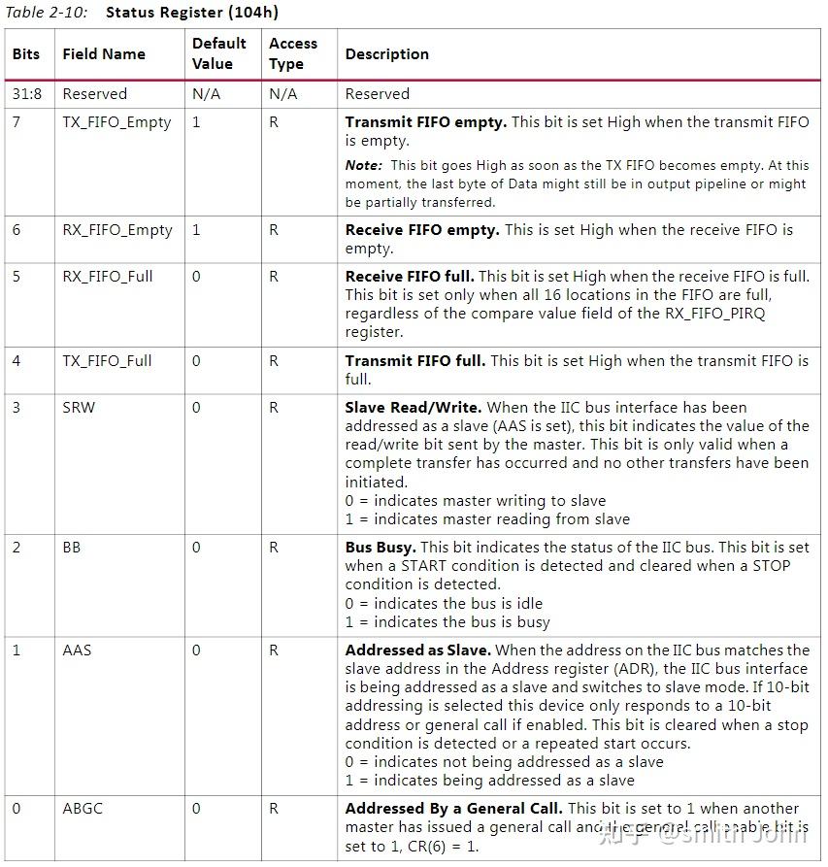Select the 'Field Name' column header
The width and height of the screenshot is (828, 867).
103,54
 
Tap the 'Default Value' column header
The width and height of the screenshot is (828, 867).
218,54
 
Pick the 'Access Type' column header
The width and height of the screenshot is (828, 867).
293,54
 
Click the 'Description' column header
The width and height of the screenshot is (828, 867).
386,54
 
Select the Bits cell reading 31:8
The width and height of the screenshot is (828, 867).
26,94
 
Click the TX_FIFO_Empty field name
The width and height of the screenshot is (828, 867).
116,122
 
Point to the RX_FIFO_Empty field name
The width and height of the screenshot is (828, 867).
116,230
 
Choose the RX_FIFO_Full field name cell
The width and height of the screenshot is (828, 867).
108,277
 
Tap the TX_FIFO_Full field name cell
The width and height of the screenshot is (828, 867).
107,361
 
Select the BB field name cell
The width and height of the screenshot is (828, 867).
72,548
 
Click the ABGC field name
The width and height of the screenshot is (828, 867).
82,809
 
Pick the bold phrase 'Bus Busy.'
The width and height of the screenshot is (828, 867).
381,548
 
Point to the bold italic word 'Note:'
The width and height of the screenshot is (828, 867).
364,166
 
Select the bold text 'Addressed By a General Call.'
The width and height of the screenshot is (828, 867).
453,809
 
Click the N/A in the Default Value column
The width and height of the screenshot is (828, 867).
206,94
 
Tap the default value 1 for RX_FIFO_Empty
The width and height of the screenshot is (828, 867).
197,230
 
